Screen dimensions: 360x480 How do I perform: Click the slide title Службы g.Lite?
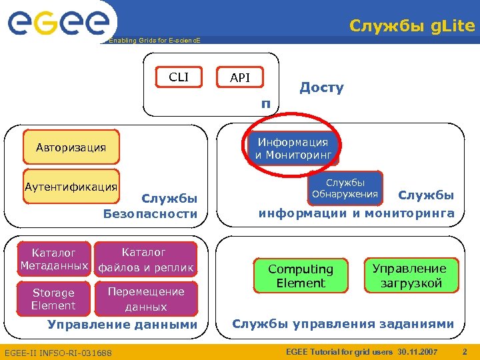pyautogui.click(x=412, y=26)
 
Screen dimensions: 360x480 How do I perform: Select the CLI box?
pyautogui.click(x=179, y=77)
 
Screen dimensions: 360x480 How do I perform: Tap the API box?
pyautogui.click(x=240, y=78)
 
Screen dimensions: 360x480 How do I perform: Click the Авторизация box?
pyautogui.click(x=71, y=148)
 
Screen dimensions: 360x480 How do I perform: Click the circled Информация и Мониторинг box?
pyautogui.click(x=293, y=149)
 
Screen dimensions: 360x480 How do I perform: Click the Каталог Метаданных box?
pyautogui.click(x=54, y=259)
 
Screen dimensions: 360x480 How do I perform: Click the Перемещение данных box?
pyautogui.click(x=147, y=299)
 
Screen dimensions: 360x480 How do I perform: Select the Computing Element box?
pyautogui.click(x=301, y=276)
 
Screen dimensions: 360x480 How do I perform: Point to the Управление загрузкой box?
pyautogui.click(x=409, y=276)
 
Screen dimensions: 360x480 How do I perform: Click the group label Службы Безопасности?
pyautogui.click(x=151, y=206)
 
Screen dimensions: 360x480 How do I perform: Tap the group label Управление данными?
pyautogui.click(x=123, y=325)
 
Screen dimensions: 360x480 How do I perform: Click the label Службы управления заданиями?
pyautogui.click(x=343, y=325)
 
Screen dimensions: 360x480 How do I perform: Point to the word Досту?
pyautogui.click(x=321, y=87)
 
